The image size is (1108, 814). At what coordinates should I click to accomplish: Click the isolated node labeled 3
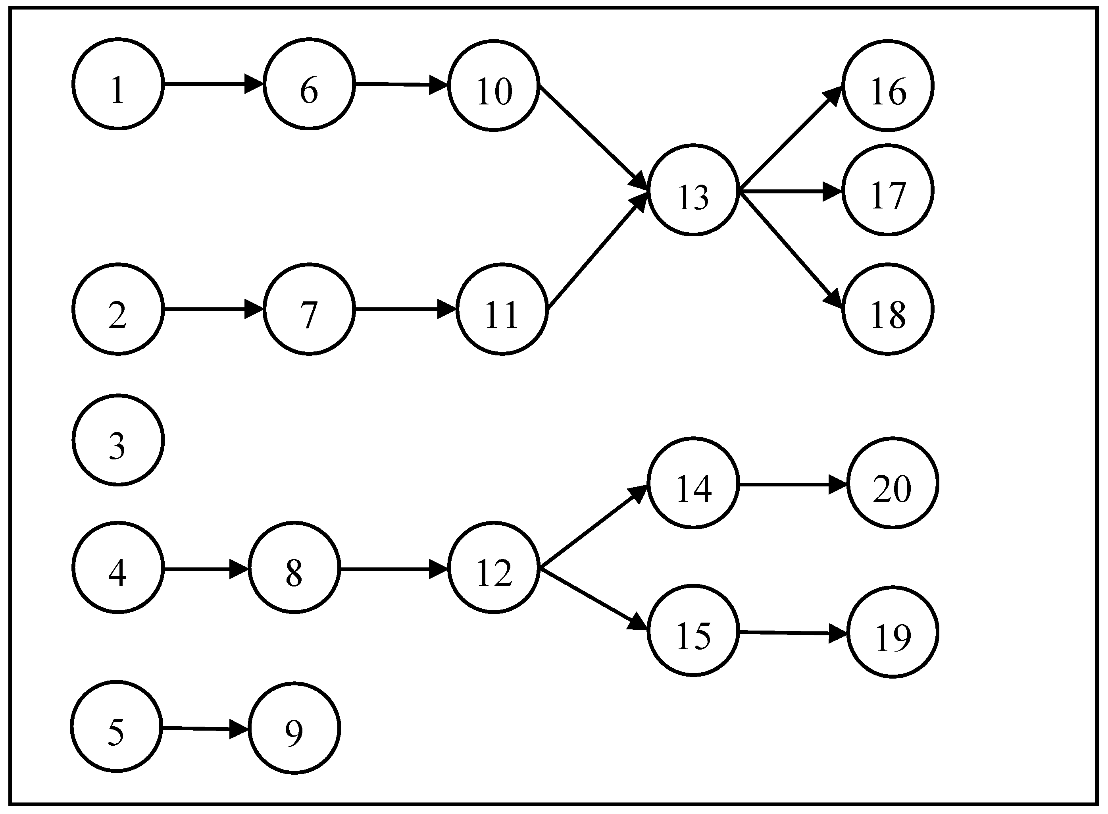click(118, 440)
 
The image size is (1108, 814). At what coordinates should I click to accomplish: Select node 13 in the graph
click(693, 190)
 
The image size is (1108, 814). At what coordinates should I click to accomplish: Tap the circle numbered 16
click(887, 86)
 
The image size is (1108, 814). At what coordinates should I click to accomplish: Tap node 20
click(892, 483)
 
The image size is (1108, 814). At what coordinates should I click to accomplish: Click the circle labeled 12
click(493, 568)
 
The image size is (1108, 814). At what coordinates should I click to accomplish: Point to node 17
click(887, 190)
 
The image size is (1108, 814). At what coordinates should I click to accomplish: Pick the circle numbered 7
click(309, 309)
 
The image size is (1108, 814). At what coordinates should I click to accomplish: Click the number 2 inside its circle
click(117, 315)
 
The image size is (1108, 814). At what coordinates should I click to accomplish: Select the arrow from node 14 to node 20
click(793, 485)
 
